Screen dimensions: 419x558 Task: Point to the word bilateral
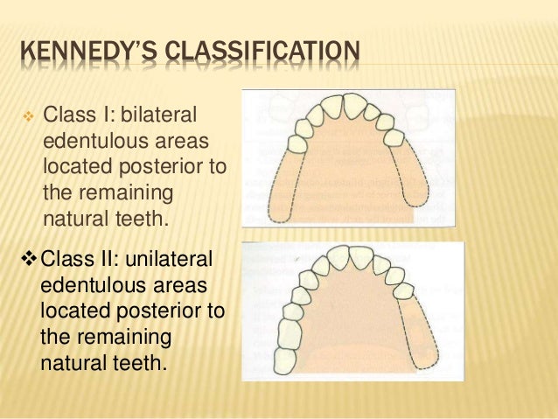click(x=160, y=115)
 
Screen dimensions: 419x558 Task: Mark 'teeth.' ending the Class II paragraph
click(x=139, y=361)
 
